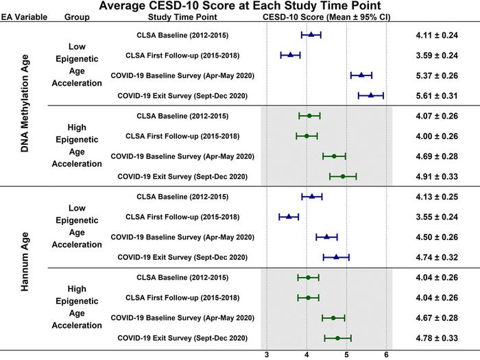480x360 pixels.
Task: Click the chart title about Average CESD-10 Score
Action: pyautogui.click(x=239, y=6)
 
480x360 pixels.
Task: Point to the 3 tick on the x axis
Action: pyautogui.click(x=267, y=354)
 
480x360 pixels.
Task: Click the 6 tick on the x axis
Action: pyautogui.click(x=387, y=354)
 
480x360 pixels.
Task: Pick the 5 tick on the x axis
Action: pyautogui.click(x=347, y=354)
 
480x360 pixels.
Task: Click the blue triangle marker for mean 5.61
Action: pyautogui.click(x=371, y=95)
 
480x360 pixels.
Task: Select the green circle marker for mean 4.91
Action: pyautogui.click(x=343, y=176)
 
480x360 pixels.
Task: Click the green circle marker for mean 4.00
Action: pyautogui.click(x=307, y=136)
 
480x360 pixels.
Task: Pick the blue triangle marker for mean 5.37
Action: pyautogui.click(x=361, y=75)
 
